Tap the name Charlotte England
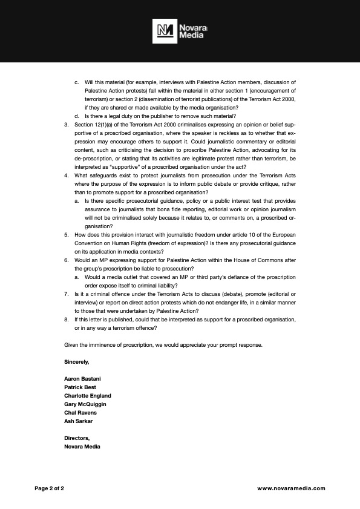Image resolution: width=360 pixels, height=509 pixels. [88, 395]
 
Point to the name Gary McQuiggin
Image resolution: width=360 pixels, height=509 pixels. [85, 404]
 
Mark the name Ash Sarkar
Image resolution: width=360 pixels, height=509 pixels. [79, 421]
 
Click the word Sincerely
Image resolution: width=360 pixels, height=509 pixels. [77, 361]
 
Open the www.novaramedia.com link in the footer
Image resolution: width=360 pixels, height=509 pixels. [291, 488]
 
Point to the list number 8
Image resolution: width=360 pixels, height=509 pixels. [66, 319]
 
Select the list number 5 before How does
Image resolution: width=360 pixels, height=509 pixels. [66, 234]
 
